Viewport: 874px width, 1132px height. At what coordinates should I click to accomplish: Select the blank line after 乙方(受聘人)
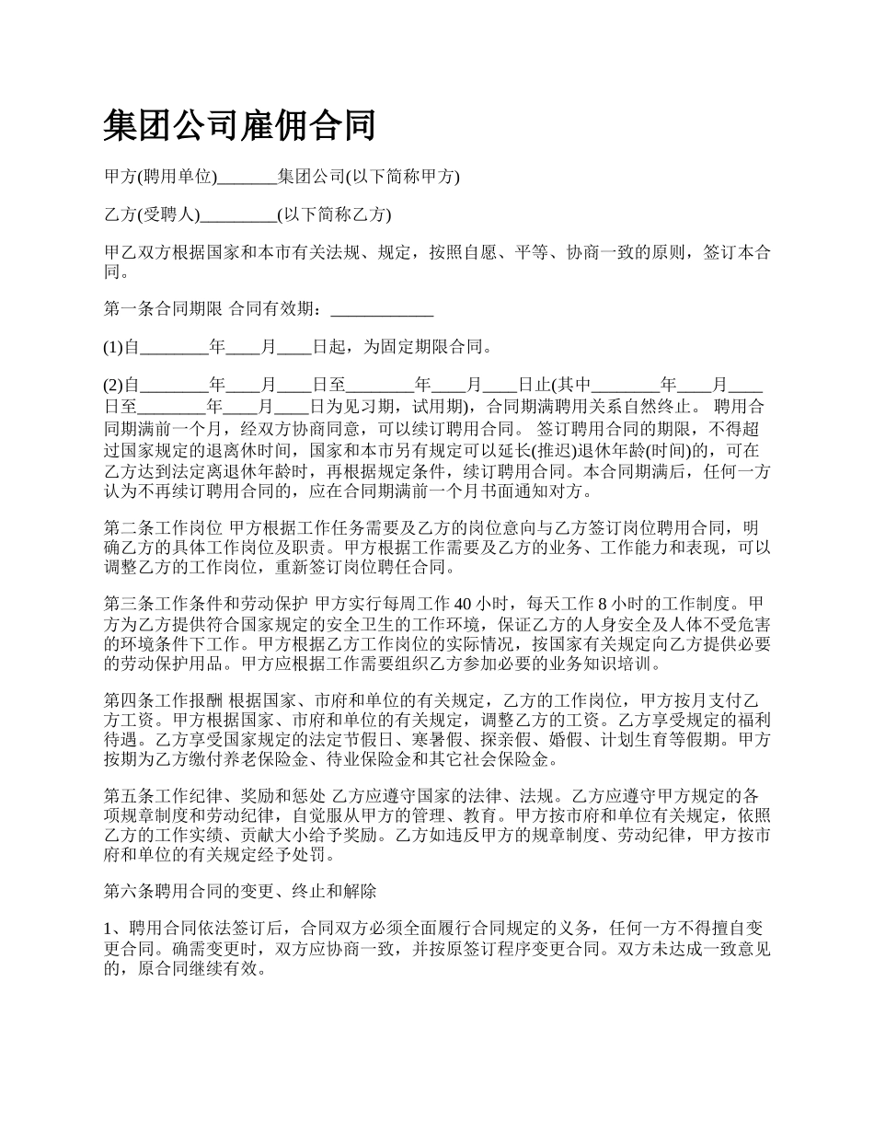pos(238,216)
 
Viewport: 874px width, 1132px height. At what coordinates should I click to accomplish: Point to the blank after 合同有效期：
pos(381,309)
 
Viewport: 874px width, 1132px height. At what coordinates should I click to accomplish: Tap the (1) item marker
pos(113,347)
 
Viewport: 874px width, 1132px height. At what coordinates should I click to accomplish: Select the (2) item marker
pos(113,386)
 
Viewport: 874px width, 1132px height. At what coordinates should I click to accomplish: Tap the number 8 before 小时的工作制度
pos(603,605)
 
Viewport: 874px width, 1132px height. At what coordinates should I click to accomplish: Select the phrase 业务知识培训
pos(604,664)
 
